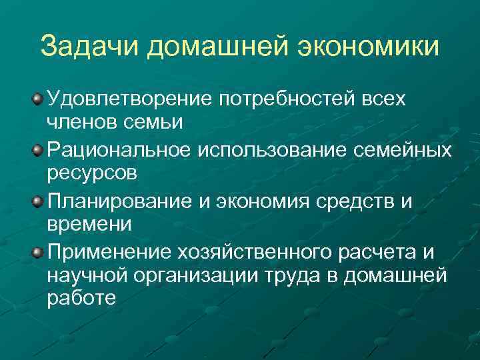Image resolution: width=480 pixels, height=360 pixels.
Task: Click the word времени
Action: click(x=90, y=225)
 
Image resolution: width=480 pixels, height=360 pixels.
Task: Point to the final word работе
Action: click(x=81, y=300)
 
